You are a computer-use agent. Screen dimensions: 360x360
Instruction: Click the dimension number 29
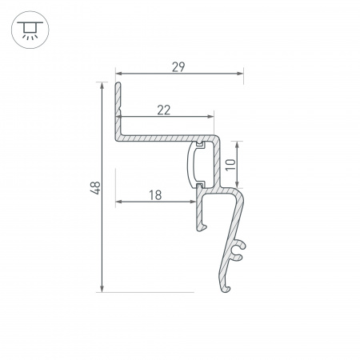[x=178, y=67]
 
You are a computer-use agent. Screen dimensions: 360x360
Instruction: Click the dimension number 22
[x=163, y=110]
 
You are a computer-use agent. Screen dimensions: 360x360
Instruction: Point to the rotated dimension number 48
[x=95, y=188]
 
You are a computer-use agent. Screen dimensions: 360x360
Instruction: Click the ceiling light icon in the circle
[x=30, y=30]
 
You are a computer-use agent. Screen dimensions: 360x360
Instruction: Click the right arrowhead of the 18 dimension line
[x=193, y=201]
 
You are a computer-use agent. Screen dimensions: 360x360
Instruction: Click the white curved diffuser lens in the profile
[x=193, y=165]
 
